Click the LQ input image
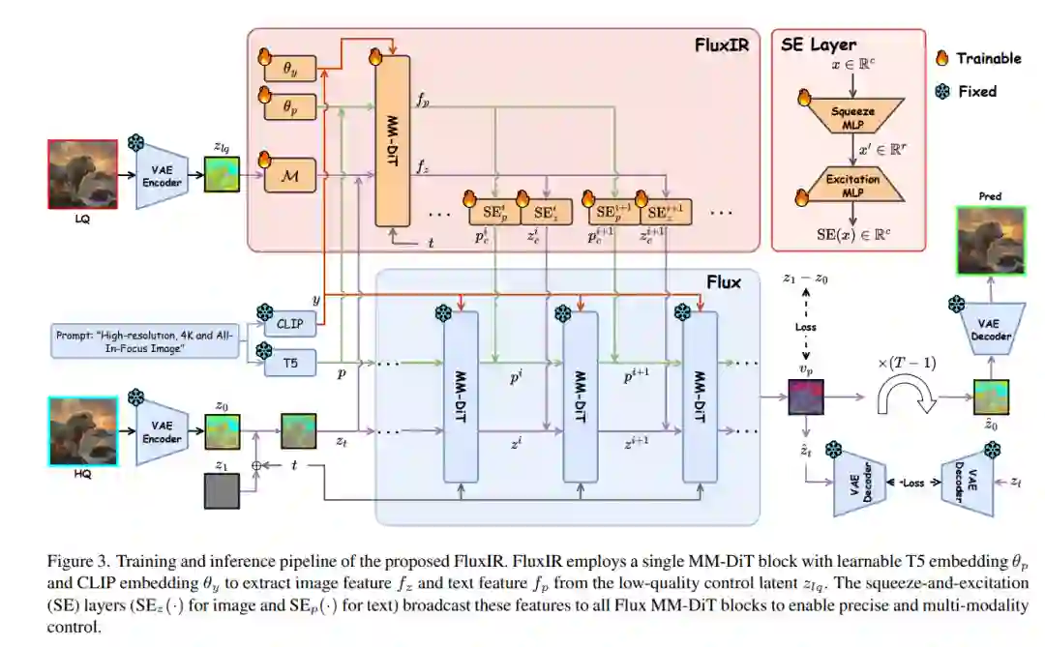[83, 173]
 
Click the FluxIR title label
[723, 44]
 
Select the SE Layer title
[821, 44]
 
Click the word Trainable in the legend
[988, 59]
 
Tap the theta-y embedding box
[288, 70]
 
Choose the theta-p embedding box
[288, 108]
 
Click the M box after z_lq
[288, 174]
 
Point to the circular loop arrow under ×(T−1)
[905, 396]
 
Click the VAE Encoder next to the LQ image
[162, 174]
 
